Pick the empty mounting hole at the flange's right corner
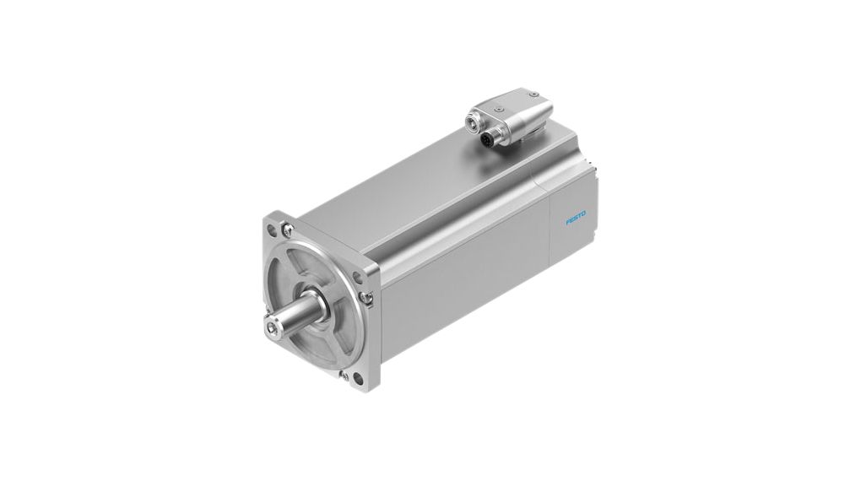(369, 277)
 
